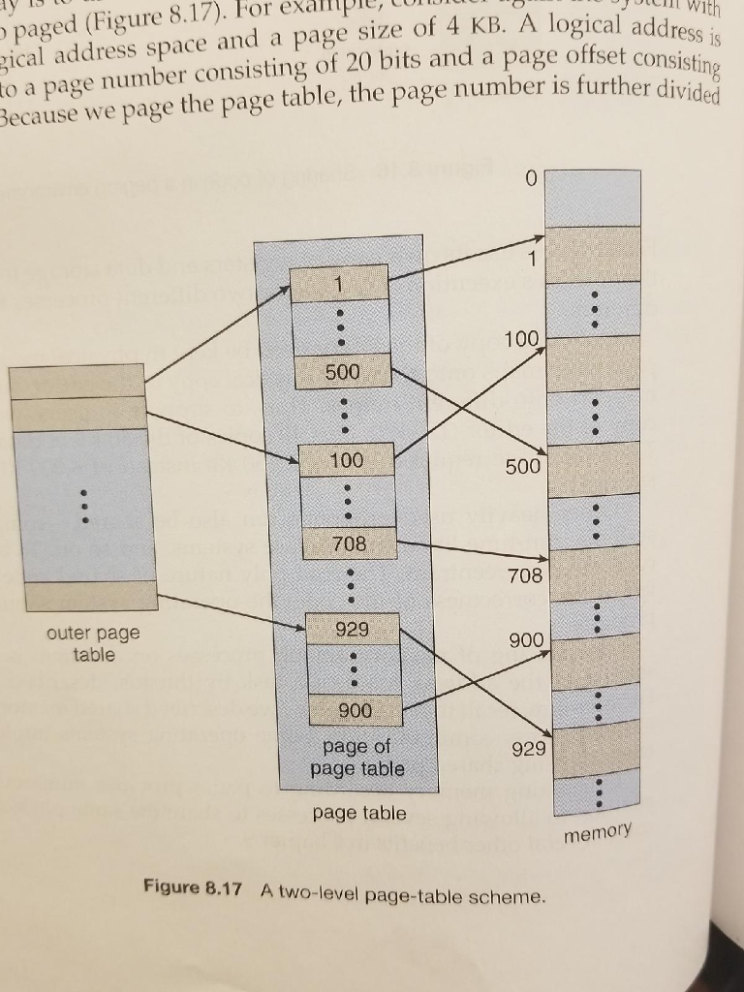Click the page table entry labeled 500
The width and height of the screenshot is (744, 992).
[x=345, y=371]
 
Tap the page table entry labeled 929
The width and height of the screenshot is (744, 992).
[x=353, y=629]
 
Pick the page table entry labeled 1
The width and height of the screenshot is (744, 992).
[x=339, y=283]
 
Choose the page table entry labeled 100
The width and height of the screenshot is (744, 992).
[x=347, y=460]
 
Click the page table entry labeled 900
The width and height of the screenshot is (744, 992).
[x=356, y=710]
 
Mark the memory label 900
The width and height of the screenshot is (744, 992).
[x=526, y=640]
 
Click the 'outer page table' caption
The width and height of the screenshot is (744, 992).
[x=93, y=643]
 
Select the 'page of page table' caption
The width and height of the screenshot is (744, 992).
[x=357, y=758]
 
